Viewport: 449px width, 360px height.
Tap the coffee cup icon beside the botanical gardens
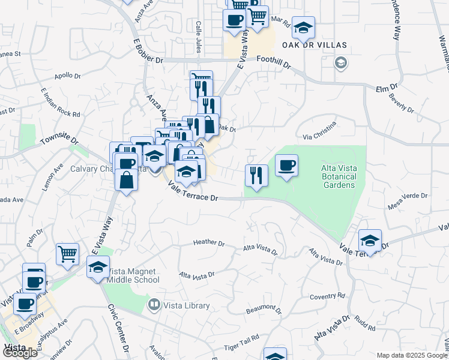coord(287,165)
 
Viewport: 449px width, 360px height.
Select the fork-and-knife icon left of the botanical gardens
coord(256,176)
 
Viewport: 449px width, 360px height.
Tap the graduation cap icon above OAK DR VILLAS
coord(304,28)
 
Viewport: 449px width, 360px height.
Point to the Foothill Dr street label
coord(273,62)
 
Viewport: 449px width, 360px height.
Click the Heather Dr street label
coord(208,243)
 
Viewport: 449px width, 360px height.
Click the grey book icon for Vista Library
coord(155,305)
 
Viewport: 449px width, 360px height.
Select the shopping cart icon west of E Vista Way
coord(68,254)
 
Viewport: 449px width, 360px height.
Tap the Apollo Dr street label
coord(67,76)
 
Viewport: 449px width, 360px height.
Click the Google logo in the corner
coord(20,353)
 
